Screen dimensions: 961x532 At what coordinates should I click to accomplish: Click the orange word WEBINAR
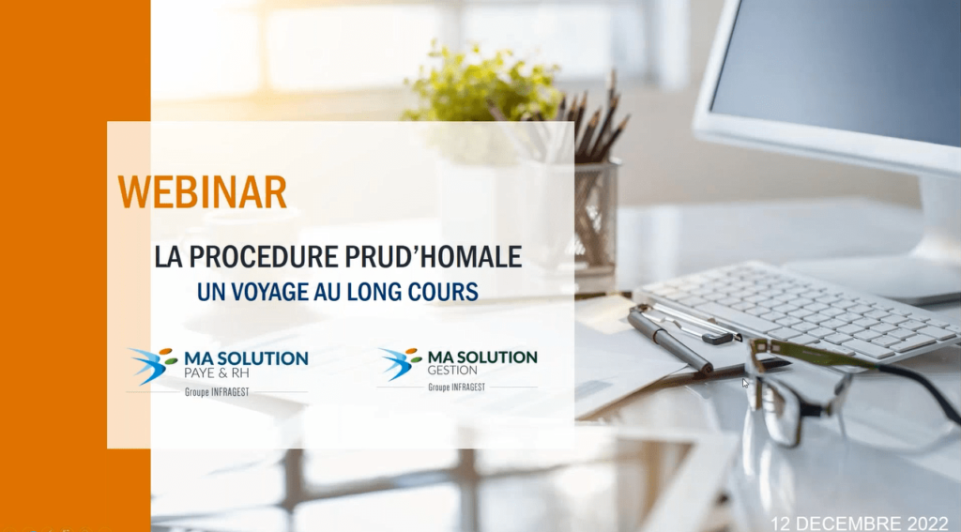(203, 192)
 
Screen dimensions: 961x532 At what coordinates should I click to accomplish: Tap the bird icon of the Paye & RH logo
(153, 365)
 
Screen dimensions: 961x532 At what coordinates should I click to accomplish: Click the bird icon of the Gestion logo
(400, 363)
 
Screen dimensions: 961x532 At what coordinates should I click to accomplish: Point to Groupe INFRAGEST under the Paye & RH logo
(217, 392)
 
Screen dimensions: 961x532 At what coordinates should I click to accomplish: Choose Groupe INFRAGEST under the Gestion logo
(457, 388)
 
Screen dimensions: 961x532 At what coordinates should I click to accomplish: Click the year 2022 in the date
(926, 524)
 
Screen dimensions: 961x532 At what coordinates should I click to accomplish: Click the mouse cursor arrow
(745, 383)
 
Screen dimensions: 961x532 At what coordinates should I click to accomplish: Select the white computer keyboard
(797, 311)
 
